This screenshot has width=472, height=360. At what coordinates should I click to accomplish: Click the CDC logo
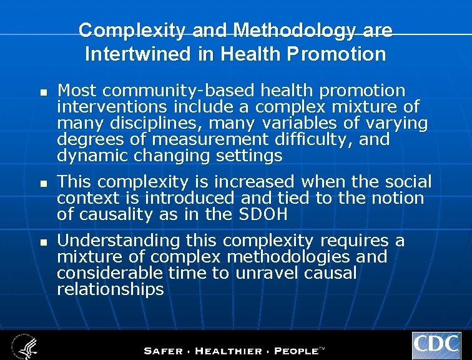click(436, 346)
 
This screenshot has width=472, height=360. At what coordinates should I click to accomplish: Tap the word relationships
click(110, 289)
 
